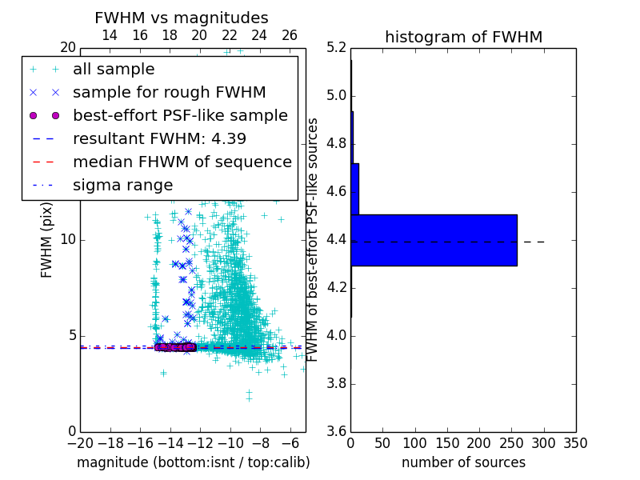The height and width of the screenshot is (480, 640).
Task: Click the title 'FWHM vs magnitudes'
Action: (x=182, y=18)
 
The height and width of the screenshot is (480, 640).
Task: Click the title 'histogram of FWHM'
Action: (x=463, y=37)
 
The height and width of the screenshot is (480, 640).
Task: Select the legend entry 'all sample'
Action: (x=114, y=70)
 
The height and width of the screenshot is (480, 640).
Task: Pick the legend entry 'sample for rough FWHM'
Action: (x=169, y=93)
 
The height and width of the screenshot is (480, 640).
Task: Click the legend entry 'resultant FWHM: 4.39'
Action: (x=159, y=139)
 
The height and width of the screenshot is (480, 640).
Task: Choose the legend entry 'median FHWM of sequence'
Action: (x=182, y=162)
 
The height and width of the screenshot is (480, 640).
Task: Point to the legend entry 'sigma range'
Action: (x=122, y=186)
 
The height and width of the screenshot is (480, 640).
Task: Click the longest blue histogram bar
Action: (x=434, y=240)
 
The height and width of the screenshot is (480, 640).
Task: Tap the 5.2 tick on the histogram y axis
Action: (x=337, y=48)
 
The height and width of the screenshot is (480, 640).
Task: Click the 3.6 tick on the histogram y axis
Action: (x=337, y=431)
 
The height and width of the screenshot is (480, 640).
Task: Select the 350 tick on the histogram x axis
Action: (x=575, y=443)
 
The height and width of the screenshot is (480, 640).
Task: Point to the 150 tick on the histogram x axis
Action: (x=447, y=443)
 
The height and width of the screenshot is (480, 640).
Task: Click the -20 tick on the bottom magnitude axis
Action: (x=80, y=443)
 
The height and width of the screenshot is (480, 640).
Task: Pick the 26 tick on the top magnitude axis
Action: (x=290, y=35)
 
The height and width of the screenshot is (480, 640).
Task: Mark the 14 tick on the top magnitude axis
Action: (x=110, y=35)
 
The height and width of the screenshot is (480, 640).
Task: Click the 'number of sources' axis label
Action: (x=463, y=462)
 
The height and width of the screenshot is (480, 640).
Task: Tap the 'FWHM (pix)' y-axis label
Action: (x=47, y=239)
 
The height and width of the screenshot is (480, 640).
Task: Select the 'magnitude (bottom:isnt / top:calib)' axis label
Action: (x=193, y=462)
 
